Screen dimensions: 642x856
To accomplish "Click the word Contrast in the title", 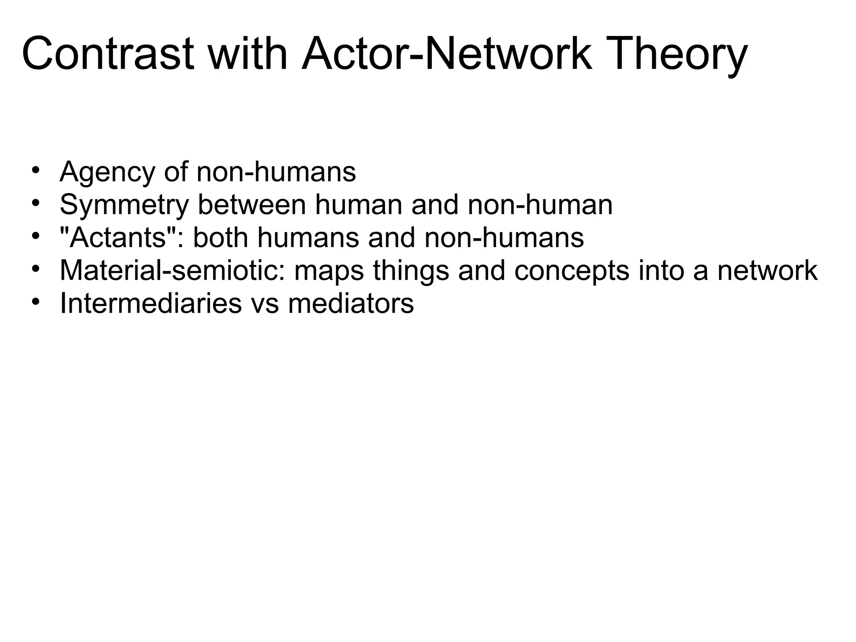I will point(107,54).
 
